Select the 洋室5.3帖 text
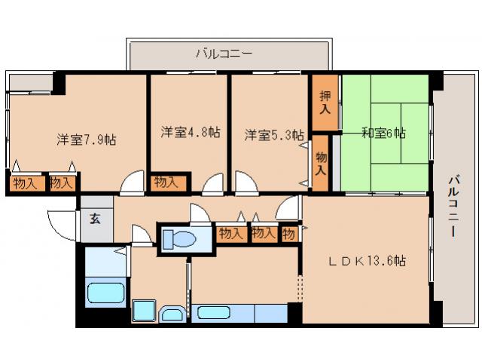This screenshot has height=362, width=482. (274, 135)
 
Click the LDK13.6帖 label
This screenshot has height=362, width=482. (367, 261)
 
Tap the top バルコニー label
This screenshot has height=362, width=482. (224, 54)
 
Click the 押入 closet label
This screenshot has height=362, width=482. (325, 103)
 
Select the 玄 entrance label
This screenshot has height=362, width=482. (96, 219)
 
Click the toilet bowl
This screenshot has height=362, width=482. (178, 239)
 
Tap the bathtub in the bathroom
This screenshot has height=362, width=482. (105, 293)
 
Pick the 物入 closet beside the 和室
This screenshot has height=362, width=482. (322, 164)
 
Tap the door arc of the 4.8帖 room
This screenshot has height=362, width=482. (212, 184)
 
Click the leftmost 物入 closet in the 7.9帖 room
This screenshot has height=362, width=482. (25, 183)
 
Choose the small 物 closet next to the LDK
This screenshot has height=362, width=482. (289, 235)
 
